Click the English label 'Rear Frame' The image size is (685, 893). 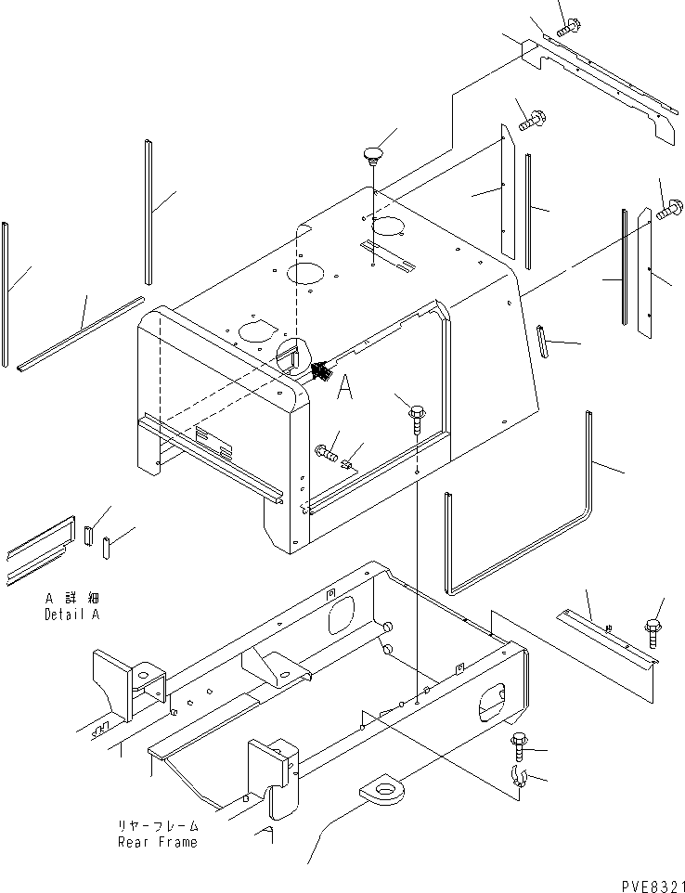(158, 842)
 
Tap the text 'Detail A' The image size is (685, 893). (72, 615)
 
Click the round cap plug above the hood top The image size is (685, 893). (373, 156)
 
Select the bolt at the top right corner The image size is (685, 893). (568, 27)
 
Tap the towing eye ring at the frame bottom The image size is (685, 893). (384, 790)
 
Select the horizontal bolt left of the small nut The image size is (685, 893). (326, 453)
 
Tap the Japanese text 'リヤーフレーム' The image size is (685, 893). (158, 826)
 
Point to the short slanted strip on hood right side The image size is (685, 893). (543, 342)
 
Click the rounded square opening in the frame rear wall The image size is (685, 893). (341, 615)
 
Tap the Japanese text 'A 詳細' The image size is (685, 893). (72, 599)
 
